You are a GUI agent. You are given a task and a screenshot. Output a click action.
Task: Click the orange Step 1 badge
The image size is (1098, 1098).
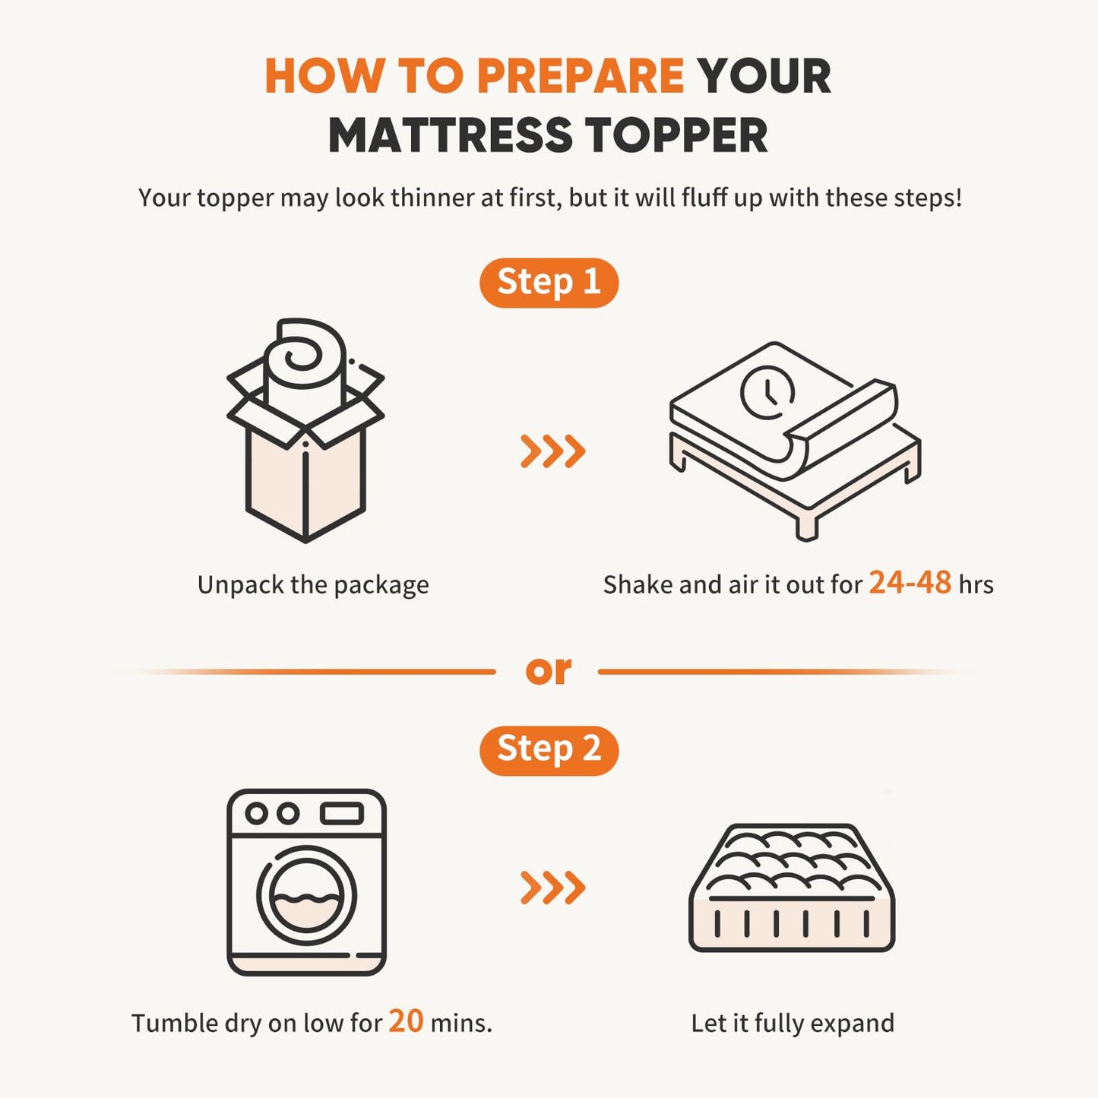tap(549, 283)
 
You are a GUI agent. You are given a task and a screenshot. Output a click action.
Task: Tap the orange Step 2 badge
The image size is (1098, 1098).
tap(549, 751)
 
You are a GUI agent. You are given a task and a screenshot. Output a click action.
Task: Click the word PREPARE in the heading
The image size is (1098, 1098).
tap(581, 76)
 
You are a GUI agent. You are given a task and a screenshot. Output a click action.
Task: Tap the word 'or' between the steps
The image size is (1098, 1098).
tap(548, 671)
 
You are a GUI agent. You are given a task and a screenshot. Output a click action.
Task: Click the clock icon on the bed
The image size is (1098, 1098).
tap(767, 393)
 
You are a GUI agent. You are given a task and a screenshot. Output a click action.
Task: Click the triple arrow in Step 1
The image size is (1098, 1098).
tap(552, 451)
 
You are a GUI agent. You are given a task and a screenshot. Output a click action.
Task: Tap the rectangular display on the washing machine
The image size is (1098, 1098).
tap(342, 813)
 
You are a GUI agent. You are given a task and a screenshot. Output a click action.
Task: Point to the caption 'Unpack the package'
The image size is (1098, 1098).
tap(313, 585)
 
